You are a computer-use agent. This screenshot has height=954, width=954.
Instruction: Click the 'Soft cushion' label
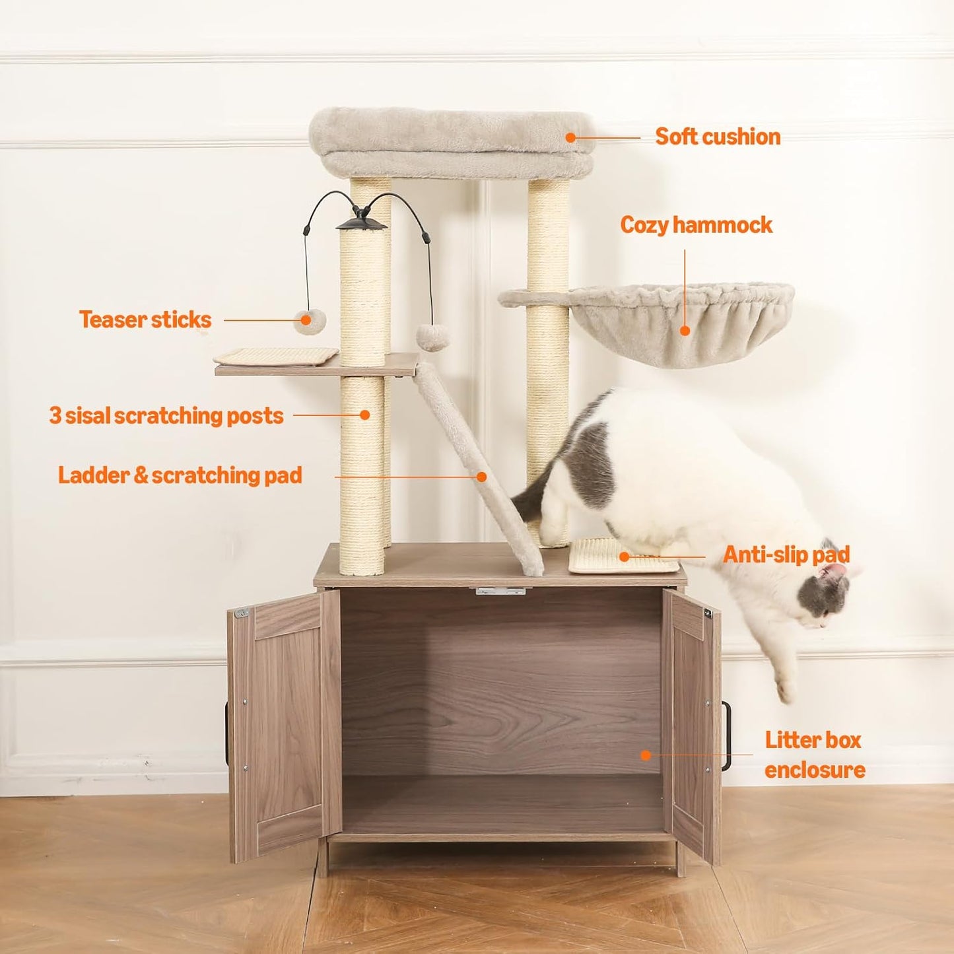tap(718, 137)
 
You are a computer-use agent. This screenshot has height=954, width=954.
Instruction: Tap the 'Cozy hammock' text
tap(696, 225)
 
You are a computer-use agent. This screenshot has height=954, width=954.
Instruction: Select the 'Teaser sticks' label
tap(145, 320)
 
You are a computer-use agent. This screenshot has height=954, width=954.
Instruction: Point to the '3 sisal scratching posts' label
tap(166, 416)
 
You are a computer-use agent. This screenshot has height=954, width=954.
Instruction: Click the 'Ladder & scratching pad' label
tap(180, 475)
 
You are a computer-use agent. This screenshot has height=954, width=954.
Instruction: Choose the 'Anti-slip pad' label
tap(786, 555)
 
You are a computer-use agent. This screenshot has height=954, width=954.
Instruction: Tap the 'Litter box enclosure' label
tap(815, 755)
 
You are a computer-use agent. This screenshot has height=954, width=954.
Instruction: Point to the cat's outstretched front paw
tap(786, 690)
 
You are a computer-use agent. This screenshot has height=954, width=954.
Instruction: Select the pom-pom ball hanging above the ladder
tap(432, 337)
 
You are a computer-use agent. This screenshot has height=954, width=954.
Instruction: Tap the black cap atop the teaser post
tap(361, 221)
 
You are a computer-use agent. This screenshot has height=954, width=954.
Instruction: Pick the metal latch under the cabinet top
tap(500, 591)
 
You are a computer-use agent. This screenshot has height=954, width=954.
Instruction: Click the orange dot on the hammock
tap(685, 330)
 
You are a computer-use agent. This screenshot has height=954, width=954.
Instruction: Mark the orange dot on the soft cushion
tap(570, 138)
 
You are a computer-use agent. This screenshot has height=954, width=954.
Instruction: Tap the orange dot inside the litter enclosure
tap(646, 755)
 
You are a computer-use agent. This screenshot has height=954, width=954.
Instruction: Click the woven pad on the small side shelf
tap(276, 357)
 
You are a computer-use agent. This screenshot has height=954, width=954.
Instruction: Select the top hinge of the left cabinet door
tap(242, 613)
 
